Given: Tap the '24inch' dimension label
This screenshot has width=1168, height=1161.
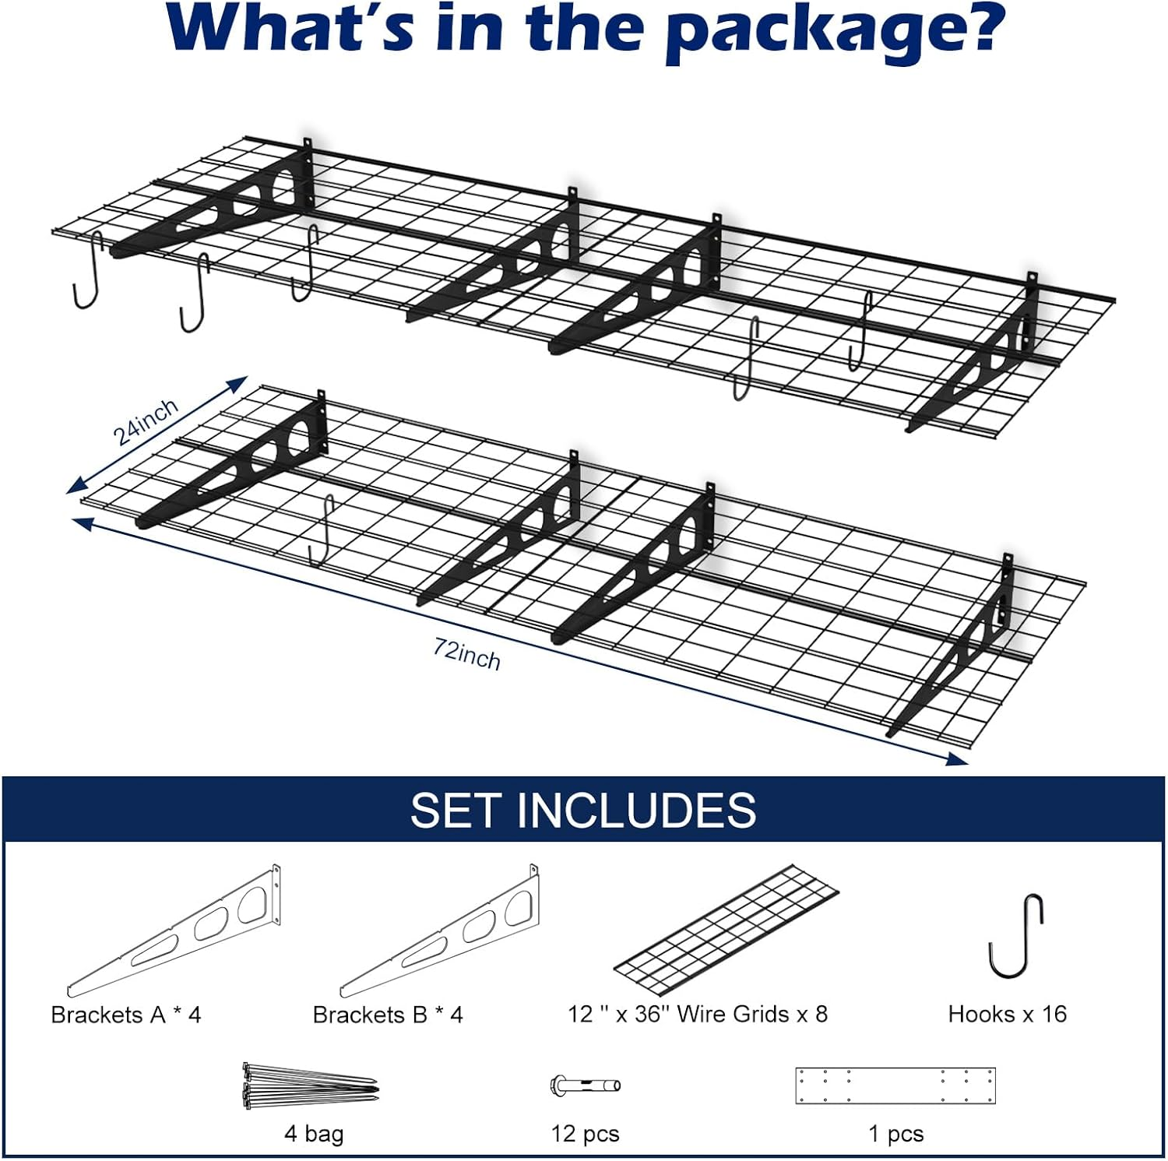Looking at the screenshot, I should (146, 421).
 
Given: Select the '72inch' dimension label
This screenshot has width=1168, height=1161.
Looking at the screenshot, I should (467, 654).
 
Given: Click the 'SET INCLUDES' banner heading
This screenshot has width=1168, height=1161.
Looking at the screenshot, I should (582, 810).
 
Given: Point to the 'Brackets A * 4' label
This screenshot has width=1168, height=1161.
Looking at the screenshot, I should (126, 1015).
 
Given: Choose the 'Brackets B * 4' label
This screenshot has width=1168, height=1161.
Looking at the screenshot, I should (388, 1015).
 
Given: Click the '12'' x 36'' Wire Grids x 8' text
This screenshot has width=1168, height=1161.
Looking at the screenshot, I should (698, 1014).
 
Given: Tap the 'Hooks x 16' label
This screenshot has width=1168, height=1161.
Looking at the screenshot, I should (1007, 1014).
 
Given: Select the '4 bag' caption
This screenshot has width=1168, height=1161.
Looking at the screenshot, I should (314, 1133).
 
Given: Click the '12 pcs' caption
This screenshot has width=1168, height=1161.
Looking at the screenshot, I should (585, 1134).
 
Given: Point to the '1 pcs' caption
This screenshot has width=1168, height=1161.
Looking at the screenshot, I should (895, 1134).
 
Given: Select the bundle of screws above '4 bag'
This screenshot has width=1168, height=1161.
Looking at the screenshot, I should (310, 1085).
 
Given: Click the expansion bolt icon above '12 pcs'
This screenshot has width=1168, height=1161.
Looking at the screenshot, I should (585, 1085).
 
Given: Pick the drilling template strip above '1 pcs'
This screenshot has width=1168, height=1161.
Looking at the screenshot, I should (895, 1085).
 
